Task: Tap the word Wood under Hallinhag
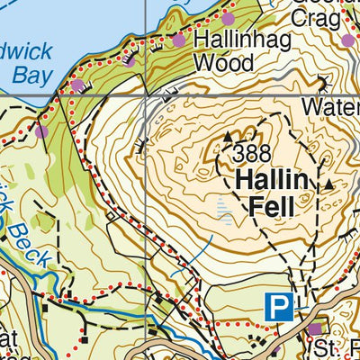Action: tap(219, 64)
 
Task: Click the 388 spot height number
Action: tap(252, 154)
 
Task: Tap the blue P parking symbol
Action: tap(279, 307)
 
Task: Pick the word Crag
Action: tap(314, 21)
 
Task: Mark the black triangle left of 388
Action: tap(227, 137)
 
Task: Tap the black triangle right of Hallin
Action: tap(328, 184)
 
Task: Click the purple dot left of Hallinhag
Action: tap(179, 40)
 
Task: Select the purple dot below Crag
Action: tap(348, 40)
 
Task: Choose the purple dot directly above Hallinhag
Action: tap(229, 19)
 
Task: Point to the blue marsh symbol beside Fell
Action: tap(222, 211)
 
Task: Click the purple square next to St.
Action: tap(314, 330)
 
